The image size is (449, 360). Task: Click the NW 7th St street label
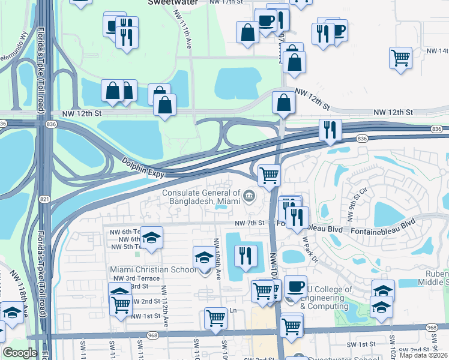250,223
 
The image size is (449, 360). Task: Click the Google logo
20,353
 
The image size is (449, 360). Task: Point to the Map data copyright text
423,355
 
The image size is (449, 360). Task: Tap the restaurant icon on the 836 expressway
330,130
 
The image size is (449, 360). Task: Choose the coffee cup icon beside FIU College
295,286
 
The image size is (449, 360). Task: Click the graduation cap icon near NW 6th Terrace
152,236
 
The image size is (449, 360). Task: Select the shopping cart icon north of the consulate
270,175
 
